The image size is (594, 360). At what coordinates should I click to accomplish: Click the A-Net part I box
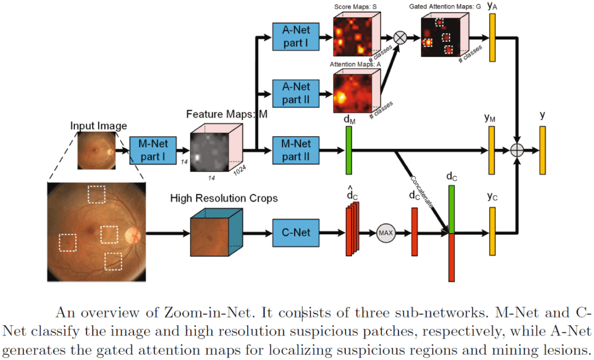coord(295,36)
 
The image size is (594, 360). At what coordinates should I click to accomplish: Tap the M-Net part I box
coord(152,151)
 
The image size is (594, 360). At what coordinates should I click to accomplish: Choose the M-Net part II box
coord(295,151)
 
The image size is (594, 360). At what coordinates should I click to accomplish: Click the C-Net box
coord(295,233)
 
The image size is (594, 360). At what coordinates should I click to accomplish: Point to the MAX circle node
coord(386,233)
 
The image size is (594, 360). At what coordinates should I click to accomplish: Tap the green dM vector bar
coord(349,150)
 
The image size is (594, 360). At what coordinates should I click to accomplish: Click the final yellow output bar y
coord(542,150)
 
